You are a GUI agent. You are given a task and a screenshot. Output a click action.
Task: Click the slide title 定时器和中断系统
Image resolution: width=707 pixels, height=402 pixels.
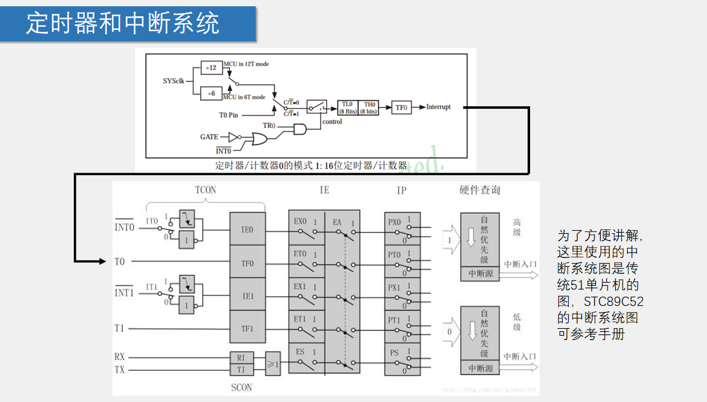[x=123, y=24]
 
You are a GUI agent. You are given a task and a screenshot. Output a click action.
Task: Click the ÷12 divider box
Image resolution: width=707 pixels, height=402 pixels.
[x=212, y=68]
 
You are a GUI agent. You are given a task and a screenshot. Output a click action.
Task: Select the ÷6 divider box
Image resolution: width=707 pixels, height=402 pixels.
[x=212, y=93]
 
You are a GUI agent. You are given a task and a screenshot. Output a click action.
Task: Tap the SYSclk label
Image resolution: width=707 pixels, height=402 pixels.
[x=173, y=81]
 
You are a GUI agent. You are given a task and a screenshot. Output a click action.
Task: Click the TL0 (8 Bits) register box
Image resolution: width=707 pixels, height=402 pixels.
[x=348, y=108]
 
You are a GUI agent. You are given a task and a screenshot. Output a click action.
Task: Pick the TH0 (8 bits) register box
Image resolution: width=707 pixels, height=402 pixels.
[x=369, y=108]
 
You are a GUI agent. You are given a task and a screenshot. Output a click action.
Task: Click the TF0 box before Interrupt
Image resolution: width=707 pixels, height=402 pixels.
[x=401, y=108]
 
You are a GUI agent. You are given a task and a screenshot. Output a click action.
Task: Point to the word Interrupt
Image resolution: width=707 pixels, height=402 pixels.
[x=438, y=107]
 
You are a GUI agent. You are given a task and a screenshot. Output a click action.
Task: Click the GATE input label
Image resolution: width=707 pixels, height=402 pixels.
[x=209, y=137]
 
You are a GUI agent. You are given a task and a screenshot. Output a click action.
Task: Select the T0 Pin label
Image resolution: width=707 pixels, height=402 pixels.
[x=228, y=115]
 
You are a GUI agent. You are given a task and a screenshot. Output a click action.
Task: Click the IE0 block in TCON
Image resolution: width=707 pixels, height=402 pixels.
[x=247, y=229]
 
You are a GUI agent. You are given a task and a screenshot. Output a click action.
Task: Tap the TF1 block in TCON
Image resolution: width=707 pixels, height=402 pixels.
[x=247, y=327]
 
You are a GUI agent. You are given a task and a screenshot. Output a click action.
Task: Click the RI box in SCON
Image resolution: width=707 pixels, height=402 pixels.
[x=241, y=358]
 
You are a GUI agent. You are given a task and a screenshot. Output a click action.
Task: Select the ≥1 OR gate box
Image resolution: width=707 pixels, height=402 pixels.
[x=273, y=363]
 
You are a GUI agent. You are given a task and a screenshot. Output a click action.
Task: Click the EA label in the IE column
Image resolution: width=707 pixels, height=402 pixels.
[x=337, y=221]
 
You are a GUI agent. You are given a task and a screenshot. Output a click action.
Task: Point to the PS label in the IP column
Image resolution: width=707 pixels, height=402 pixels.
[x=394, y=353]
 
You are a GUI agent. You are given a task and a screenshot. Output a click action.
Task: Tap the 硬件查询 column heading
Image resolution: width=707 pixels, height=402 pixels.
[x=480, y=190]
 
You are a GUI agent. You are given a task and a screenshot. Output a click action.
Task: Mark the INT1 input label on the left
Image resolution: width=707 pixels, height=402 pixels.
[x=124, y=293]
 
